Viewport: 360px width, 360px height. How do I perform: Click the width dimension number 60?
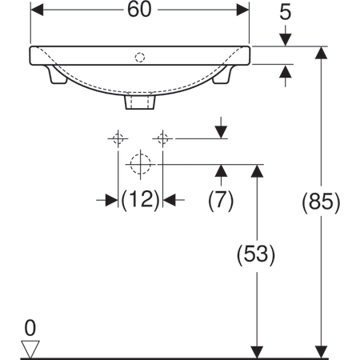139,10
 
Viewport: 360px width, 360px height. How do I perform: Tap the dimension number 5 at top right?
285,12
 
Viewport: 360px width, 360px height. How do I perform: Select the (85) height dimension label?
321,202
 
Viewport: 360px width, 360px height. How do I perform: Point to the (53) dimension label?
256,254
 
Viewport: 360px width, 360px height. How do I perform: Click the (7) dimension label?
221,200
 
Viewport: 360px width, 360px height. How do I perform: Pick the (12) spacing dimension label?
141,199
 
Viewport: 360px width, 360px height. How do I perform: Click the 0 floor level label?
30,328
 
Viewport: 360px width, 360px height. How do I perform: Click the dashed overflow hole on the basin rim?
140,58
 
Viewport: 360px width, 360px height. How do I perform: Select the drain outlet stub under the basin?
140,102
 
